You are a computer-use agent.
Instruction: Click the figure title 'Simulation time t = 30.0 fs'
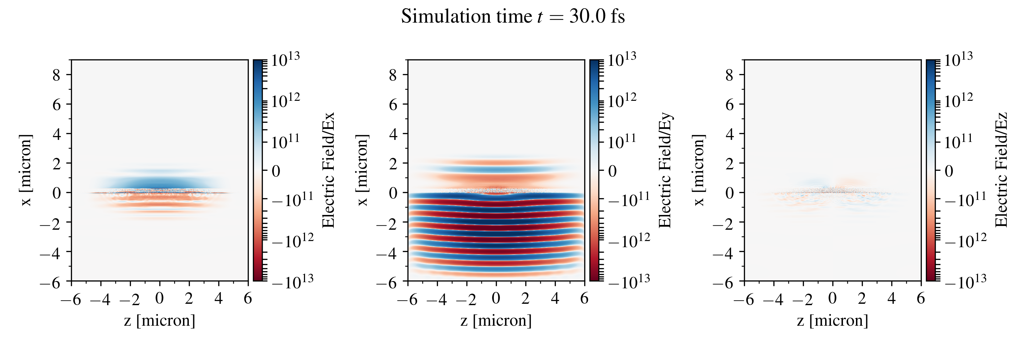pos(513,17)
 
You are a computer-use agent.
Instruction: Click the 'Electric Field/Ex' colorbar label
pos(328,170)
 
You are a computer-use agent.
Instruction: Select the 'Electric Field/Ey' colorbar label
pos(665,170)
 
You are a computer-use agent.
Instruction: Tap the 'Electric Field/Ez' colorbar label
pos(1001,170)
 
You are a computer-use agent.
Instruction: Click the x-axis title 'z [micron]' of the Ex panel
pos(160,321)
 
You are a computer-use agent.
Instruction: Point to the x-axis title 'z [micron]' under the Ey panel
pos(496,321)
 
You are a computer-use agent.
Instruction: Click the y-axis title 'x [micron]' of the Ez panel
pos(698,170)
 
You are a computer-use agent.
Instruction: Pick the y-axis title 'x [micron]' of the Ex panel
pos(26,170)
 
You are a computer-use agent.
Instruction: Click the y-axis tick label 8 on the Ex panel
pos(56,75)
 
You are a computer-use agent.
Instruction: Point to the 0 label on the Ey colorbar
pos(612,171)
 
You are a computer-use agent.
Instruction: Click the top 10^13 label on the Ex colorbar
pos(285,60)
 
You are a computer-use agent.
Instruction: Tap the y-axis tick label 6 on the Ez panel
pos(730,105)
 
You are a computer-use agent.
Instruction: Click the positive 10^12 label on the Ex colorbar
pos(285,100)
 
